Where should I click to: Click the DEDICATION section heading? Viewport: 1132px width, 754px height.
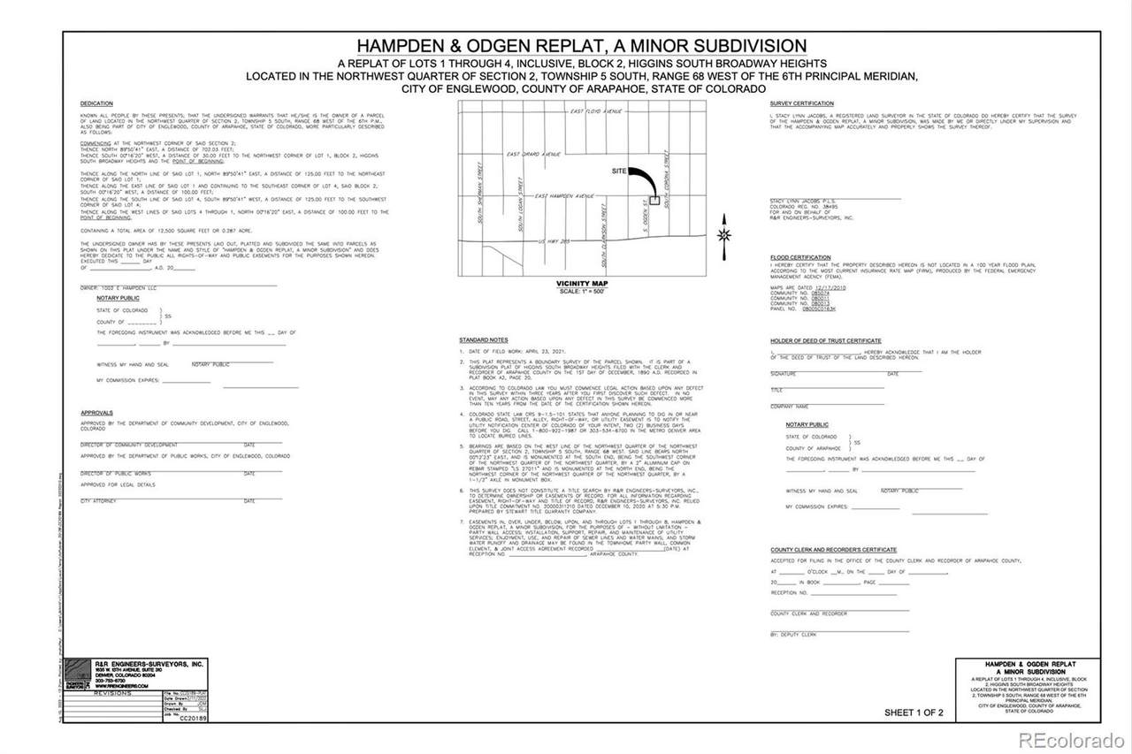point(96,104)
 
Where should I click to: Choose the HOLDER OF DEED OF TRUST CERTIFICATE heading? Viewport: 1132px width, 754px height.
point(825,340)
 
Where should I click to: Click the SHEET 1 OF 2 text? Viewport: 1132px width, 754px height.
point(914,712)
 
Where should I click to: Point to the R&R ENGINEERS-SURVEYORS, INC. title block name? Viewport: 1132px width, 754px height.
point(149,664)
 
